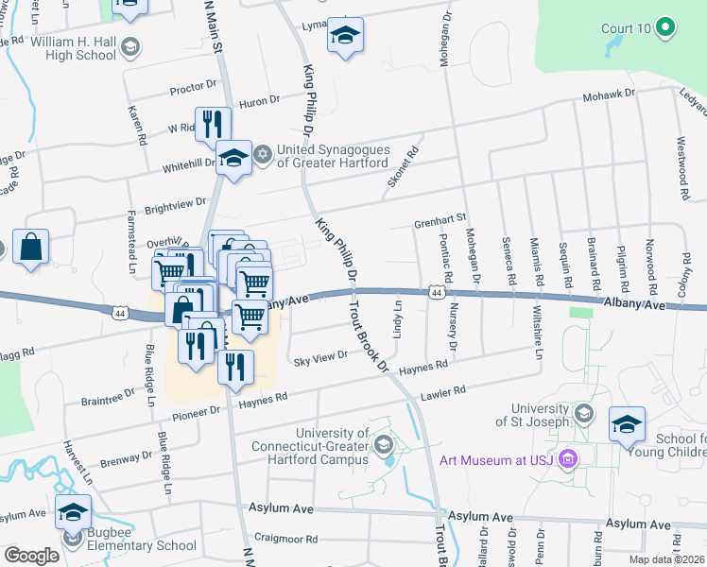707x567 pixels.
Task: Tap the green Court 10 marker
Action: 664,28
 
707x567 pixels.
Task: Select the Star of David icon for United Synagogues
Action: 263,151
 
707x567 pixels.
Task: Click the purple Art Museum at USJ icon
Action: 568,460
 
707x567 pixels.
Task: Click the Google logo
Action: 31,555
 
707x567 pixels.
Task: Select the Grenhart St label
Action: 440,221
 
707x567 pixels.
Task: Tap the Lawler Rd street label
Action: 443,390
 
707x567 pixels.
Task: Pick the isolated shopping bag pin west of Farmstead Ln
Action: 30,248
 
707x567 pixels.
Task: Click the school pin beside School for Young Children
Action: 626,425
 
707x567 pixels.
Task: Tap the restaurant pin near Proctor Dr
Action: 213,124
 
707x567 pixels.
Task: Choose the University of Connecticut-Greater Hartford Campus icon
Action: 383,444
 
